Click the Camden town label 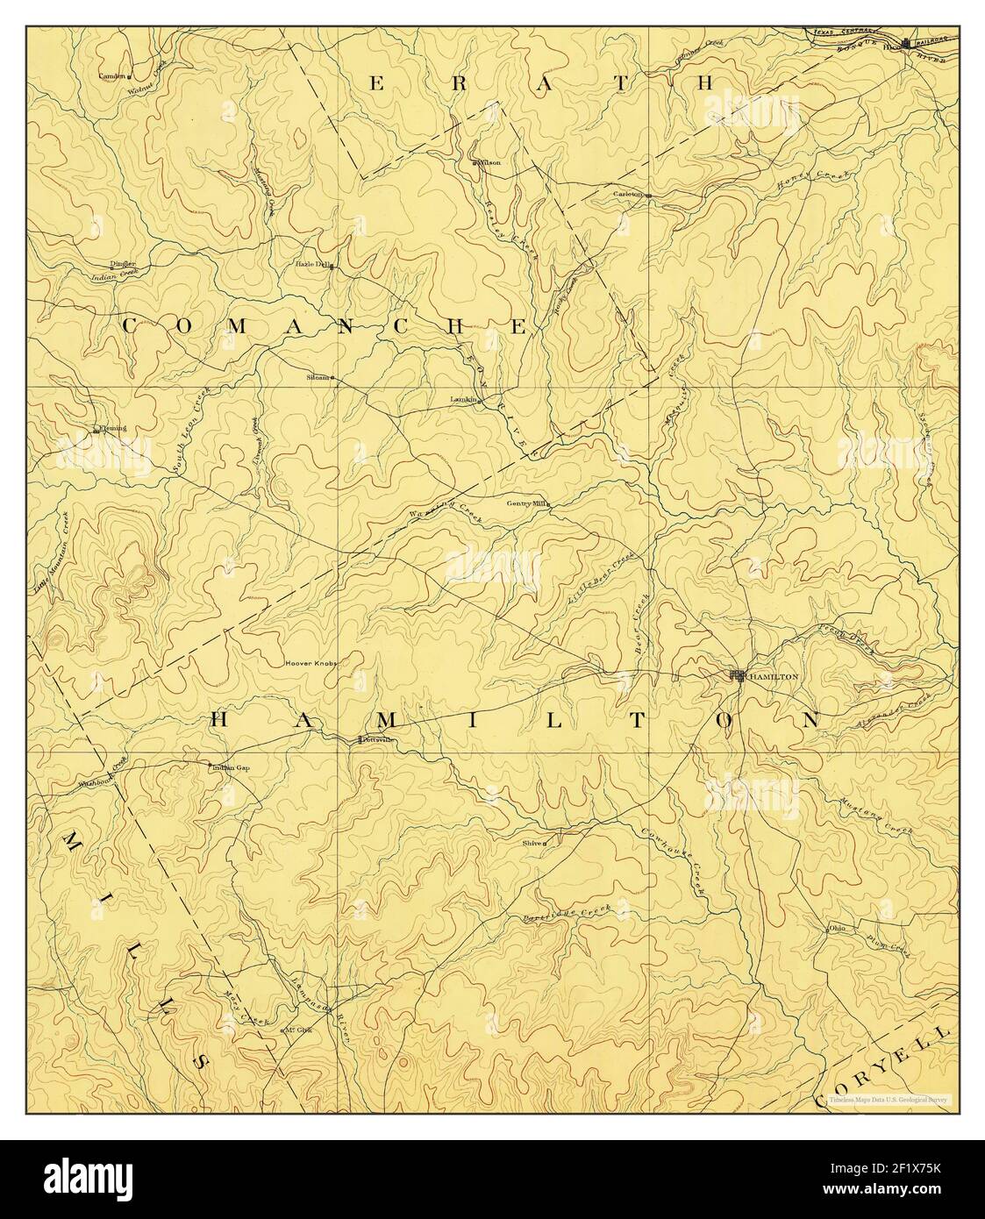coord(112,75)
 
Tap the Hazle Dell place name coord(311,263)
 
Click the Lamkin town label coord(462,399)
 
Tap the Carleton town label coord(628,194)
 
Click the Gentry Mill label coord(526,503)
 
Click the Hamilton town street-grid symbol coord(739,675)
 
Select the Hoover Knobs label coord(310,663)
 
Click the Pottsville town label coord(375,740)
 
